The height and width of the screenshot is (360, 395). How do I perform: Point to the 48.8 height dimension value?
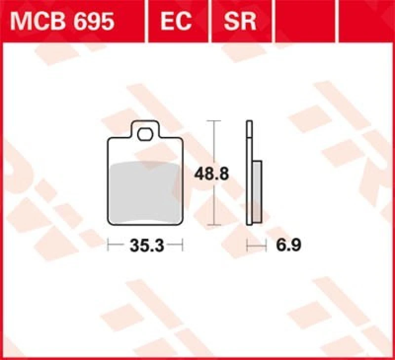click(211, 174)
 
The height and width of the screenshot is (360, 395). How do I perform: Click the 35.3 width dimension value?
click(146, 245)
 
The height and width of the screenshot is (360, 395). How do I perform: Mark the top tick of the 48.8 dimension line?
click(213, 121)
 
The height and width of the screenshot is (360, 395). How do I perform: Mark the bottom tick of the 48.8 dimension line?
click(213, 225)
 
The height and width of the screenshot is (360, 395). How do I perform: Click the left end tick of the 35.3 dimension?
click(109, 245)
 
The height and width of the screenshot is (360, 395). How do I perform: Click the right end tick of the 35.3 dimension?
click(183, 245)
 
